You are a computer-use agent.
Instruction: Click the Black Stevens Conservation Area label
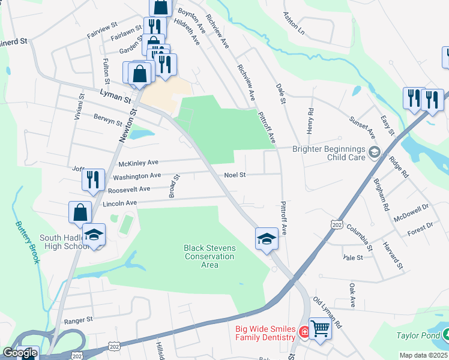(x=209, y=256)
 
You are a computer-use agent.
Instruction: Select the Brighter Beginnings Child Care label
(x=330, y=153)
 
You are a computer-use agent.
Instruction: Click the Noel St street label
(x=235, y=175)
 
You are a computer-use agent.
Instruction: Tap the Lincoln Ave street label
(x=120, y=203)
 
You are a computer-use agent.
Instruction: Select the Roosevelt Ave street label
(x=129, y=189)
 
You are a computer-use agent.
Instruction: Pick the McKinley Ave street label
(x=139, y=163)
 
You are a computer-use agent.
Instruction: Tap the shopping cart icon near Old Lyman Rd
(x=320, y=328)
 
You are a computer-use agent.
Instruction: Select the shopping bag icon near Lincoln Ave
(x=80, y=212)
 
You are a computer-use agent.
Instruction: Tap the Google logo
(x=20, y=353)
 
